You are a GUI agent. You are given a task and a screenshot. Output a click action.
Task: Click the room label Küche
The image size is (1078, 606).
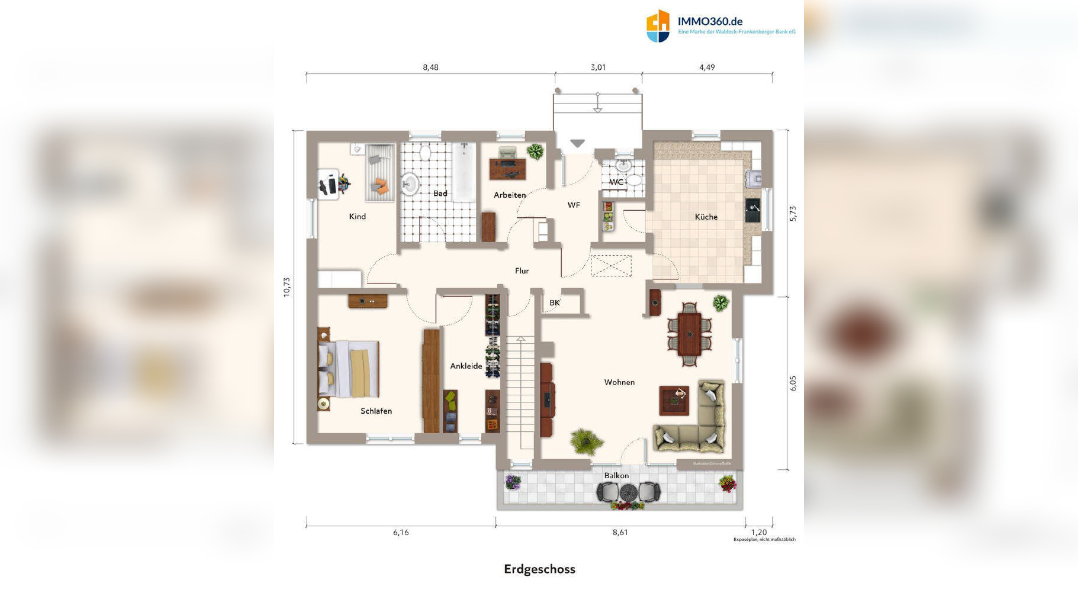tap(706, 217)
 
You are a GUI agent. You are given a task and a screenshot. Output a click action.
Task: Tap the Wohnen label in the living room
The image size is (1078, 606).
tap(619, 382)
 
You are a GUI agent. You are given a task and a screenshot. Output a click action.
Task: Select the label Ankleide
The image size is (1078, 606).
tap(466, 366)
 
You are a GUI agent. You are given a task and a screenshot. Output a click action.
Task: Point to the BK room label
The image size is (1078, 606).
tap(554, 303)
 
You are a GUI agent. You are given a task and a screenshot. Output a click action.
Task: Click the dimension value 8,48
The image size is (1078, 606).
tap(430, 67)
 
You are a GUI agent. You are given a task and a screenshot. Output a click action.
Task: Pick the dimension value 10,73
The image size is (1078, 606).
tap(287, 287)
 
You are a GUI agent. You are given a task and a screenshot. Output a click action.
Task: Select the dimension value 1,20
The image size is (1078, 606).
tap(758, 532)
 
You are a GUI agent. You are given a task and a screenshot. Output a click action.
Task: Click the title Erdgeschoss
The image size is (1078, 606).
tap(539, 569)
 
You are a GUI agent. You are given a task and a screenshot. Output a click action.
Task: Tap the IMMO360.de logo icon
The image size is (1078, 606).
tap(658, 26)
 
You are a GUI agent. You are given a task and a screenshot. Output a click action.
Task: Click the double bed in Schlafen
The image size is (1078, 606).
tap(349, 369)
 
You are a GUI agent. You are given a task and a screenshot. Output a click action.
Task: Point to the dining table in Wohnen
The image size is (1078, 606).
tap(689, 334)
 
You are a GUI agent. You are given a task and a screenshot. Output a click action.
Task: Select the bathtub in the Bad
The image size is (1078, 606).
tap(464, 172)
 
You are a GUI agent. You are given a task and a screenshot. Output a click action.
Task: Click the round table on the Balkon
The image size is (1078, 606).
tap(628, 491)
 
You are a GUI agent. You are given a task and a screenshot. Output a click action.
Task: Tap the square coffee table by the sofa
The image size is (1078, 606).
tap(674, 401)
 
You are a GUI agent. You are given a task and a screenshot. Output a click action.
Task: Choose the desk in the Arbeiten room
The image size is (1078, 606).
tap(507, 167)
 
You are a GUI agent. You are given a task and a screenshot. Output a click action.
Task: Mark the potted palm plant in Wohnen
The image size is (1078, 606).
tap(586, 441)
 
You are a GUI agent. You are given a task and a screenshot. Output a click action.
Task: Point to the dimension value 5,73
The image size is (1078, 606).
tap(793, 214)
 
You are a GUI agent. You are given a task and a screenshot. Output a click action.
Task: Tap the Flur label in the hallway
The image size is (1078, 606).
tap(522, 271)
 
